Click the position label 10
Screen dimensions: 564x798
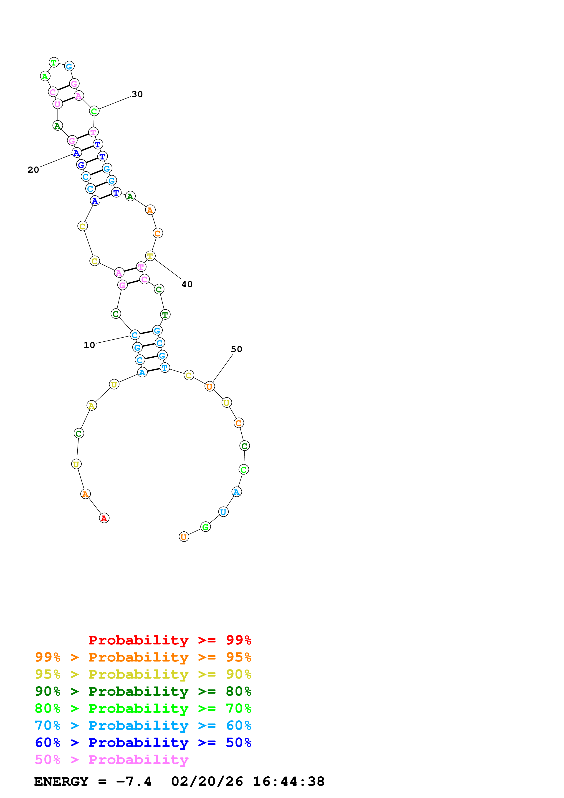(89, 345)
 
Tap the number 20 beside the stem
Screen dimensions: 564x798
(33, 170)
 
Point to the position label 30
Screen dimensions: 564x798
(137, 94)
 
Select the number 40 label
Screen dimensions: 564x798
(187, 284)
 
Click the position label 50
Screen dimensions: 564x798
(236, 349)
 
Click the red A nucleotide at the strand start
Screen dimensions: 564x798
(104, 518)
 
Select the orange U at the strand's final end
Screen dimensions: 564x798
(184, 537)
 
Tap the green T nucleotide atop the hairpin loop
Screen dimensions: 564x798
(54, 63)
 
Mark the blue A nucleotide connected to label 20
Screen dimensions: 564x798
(76, 153)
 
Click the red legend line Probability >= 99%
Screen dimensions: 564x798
(169, 640)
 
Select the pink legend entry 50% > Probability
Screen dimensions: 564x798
(111, 760)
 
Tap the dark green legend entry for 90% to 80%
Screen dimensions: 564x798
(143, 691)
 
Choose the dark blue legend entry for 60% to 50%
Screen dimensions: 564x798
(143, 742)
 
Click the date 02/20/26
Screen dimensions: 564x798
(207, 781)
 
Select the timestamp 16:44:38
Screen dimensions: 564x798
(288, 781)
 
